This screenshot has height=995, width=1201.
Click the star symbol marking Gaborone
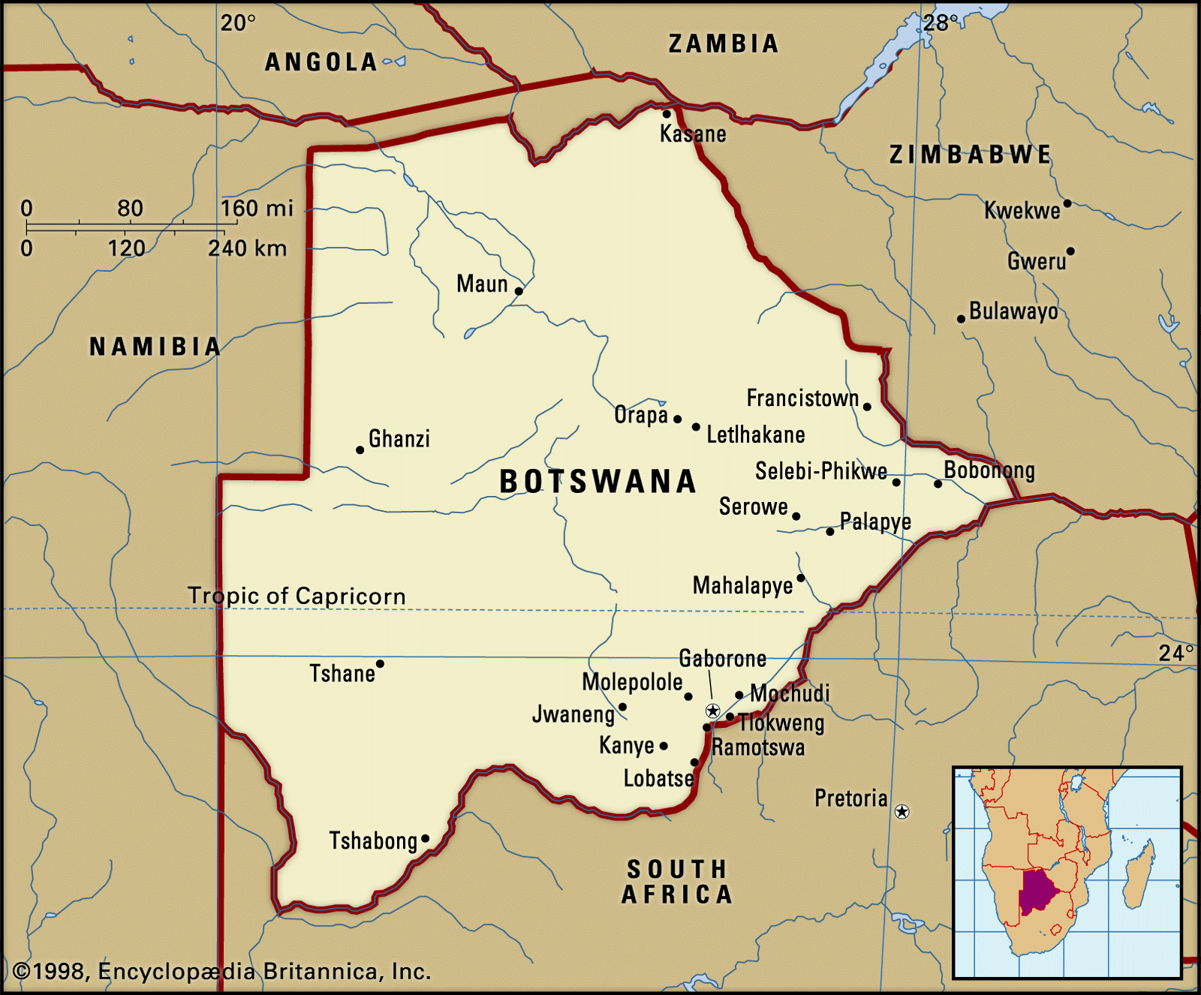click(713, 711)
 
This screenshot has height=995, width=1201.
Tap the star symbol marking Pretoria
click(902, 811)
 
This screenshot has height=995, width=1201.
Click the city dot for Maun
click(519, 291)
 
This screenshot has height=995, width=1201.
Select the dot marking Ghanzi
click(360, 450)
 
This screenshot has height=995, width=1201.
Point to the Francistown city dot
click(867, 407)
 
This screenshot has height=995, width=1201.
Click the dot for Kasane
click(667, 114)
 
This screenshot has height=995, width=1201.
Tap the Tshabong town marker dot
click(426, 839)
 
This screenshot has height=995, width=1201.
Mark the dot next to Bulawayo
click(961, 319)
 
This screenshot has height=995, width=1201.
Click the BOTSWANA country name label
click(597, 482)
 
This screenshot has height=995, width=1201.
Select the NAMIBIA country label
click(155, 346)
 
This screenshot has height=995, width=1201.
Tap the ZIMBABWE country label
click(970, 155)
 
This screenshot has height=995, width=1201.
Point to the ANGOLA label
click(321, 62)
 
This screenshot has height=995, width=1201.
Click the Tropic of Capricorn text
click(296, 596)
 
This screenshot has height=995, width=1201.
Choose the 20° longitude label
click(238, 23)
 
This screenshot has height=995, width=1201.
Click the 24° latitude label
click(1175, 653)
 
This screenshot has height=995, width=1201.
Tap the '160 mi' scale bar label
click(257, 208)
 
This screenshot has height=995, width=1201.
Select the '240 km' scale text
click(247, 248)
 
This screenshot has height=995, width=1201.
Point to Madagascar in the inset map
click(1139, 875)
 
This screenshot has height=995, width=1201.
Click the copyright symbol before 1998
click(22, 972)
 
